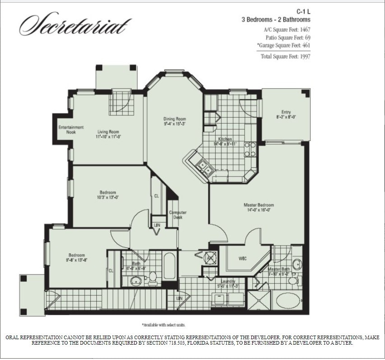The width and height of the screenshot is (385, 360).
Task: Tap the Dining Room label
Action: pyautogui.click(x=175, y=121)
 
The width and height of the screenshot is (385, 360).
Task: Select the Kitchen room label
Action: pyautogui.click(x=225, y=141)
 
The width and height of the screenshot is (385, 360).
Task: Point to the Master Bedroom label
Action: pyautogui.click(x=258, y=207)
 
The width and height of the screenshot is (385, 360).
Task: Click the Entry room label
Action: pyautogui.click(x=286, y=114)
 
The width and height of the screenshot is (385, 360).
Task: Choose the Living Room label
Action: pyautogui.click(x=108, y=134)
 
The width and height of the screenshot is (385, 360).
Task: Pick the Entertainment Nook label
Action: pyautogui.click(x=71, y=130)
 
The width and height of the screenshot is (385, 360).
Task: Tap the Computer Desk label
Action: pyautogui.click(x=178, y=215)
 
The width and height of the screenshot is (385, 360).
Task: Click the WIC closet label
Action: pyautogui.click(x=242, y=259)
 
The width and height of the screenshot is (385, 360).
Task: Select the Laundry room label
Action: pyautogui.click(x=221, y=283)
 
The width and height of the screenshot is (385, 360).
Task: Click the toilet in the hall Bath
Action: pyautogui.click(x=153, y=277)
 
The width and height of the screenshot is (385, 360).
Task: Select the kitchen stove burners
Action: pyautogui.click(x=250, y=149)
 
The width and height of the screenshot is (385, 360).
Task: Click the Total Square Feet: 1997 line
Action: pyautogui.click(x=286, y=57)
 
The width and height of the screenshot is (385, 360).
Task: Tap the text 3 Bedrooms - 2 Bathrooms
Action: pyautogui.click(x=276, y=20)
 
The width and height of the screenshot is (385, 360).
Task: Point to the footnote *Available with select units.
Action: pyautogui.click(x=164, y=325)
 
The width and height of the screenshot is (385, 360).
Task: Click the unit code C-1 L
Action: pyautogui.click(x=302, y=11)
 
